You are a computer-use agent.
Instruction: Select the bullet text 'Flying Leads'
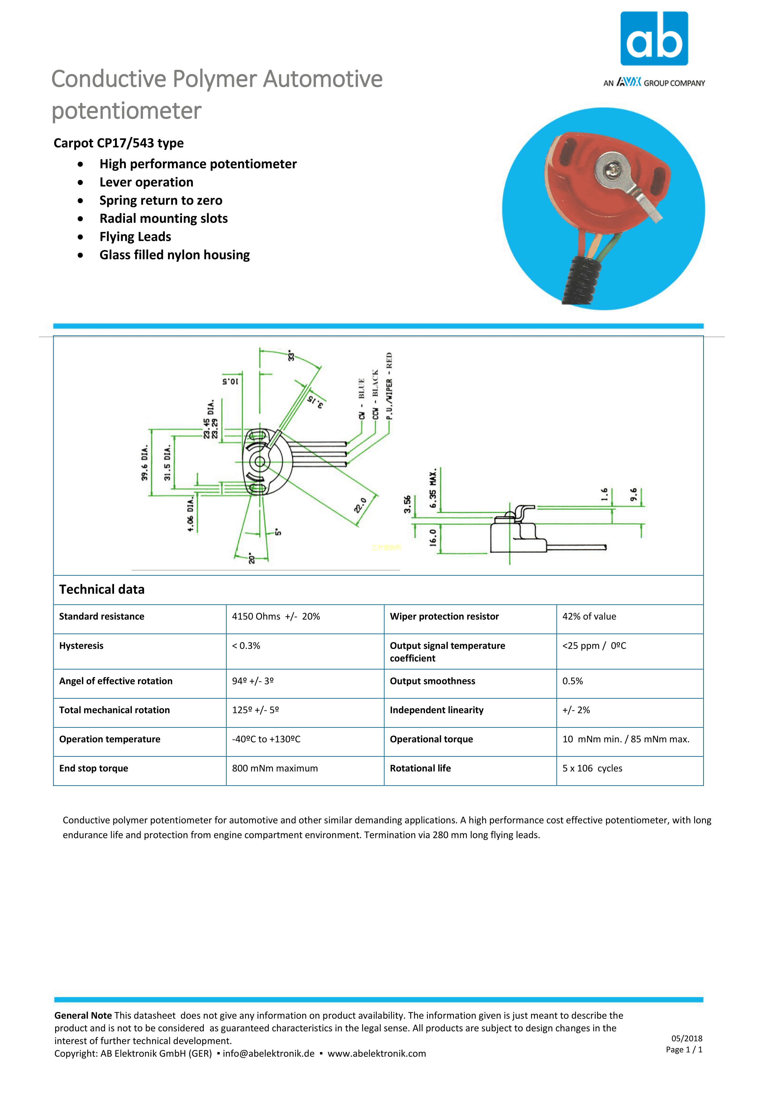coord(135,236)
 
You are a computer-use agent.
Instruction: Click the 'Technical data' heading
coord(102,589)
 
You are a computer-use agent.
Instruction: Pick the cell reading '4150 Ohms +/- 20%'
coord(276,617)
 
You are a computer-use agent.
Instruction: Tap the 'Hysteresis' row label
coord(81,646)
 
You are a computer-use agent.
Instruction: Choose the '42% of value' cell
coord(589,617)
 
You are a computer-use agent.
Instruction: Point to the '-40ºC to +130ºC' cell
coord(266,739)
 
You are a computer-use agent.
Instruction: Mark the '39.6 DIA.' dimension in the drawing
coord(145,463)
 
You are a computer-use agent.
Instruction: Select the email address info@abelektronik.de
coord(269,1053)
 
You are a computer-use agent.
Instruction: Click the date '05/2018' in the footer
coord(687,1039)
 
